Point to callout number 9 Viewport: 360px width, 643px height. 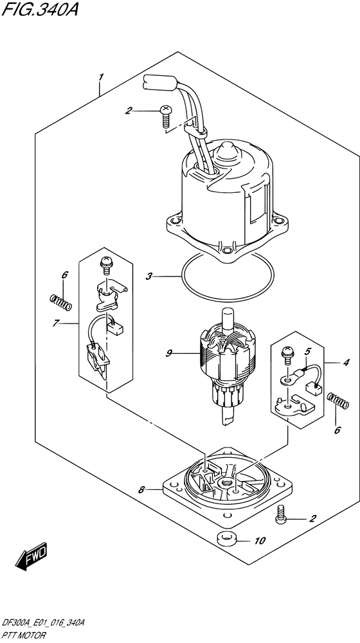pyautogui.click(x=168, y=352)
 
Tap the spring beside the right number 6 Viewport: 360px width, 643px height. pyautogui.click(x=339, y=401)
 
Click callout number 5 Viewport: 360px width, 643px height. pyautogui.click(x=307, y=351)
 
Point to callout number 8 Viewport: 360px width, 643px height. pyautogui.click(x=141, y=490)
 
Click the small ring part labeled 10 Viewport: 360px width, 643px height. pyautogui.click(x=226, y=538)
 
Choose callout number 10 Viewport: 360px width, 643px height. pyautogui.click(x=259, y=541)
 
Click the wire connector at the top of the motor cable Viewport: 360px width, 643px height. pyautogui.click(x=159, y=82)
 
